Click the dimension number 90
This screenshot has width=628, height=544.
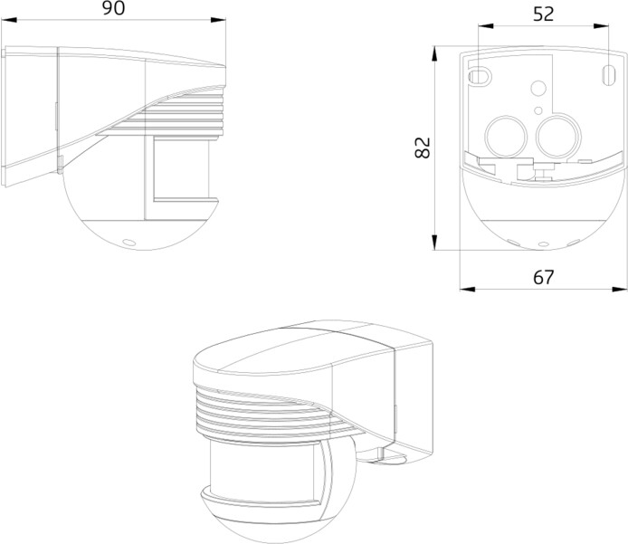[x=112, y=10]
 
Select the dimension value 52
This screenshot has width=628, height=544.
[x=543, y=14]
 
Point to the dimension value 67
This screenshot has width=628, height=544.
[x=542, y=277]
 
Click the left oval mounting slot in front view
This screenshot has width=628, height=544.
[x=481, y=73]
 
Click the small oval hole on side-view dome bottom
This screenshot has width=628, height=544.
[x=126, y=243]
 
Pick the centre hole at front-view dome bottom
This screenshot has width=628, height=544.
[x=543, y=243]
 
